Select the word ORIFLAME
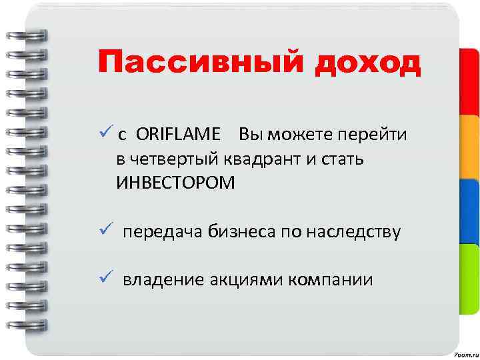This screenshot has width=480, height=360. click(x=179, y=135)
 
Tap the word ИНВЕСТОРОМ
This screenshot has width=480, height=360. click(x=175, y=183)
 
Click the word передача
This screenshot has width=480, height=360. click(x=161, y=232)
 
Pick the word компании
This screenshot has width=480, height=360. click(x=331, y=279)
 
